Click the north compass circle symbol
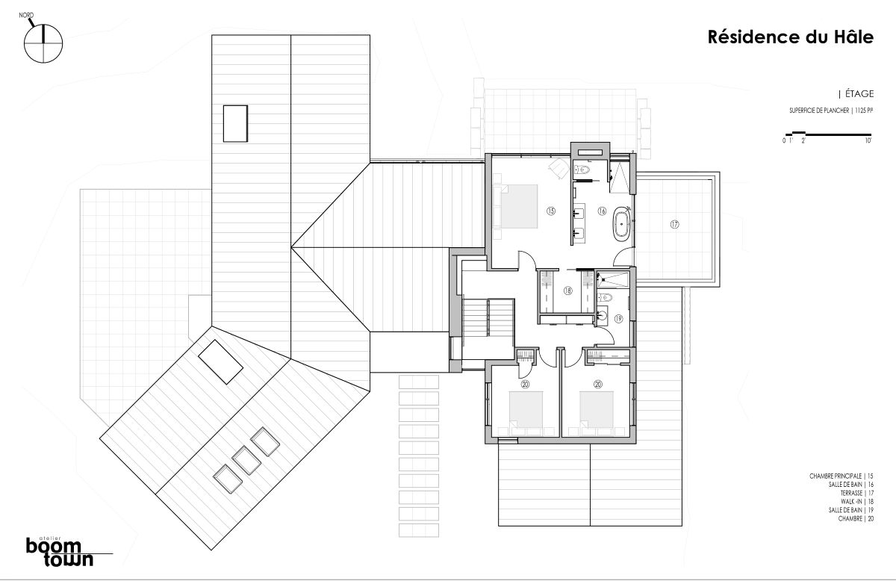(x=43, y=43)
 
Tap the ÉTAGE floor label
(x=859, y=93)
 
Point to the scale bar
(x=828, y=134)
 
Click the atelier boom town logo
(x=60, y=551)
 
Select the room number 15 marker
(x=551, y=211)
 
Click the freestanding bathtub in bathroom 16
(x=621, y=224)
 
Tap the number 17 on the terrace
(x=675, y=224)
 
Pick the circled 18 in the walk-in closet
(x=568, y=291)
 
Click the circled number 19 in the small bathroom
(x=618, y=319)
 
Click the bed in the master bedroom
(x=515, y=206)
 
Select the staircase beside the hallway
(x=488, y=318)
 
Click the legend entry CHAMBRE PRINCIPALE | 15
(x=841, y=476)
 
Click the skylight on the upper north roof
(x=235, y=123)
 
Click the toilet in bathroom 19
(x=606, y=297)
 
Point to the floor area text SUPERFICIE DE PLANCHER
(x=819, y=111)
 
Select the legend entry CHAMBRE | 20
(x=856, y=518)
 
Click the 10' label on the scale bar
(x=868, y=140)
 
